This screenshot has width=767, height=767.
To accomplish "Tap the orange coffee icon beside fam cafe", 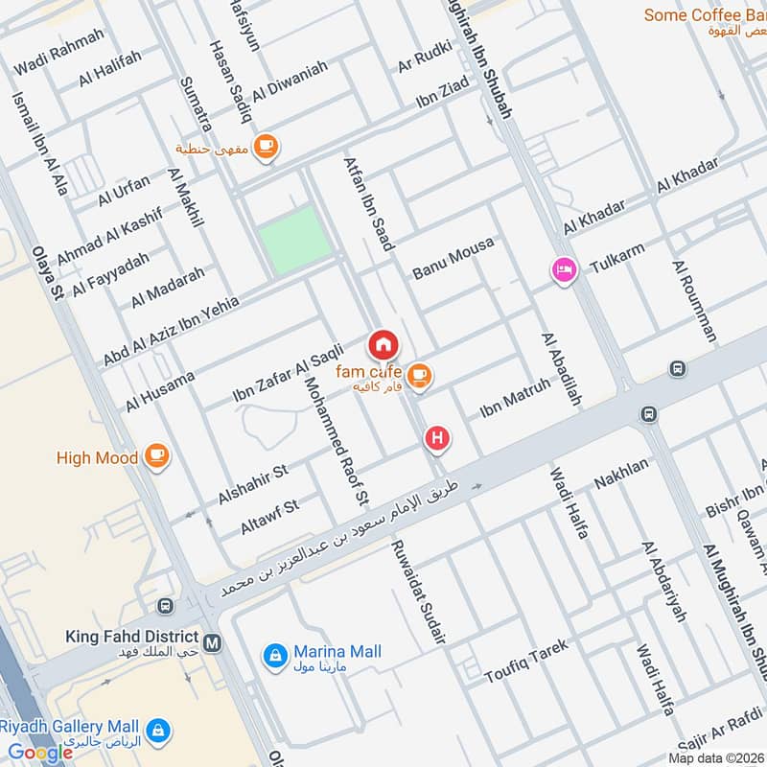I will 418,377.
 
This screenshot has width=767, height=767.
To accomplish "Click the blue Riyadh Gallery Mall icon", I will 160,730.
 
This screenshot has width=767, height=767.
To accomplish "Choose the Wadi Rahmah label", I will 59,52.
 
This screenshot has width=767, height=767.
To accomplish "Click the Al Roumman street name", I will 694,300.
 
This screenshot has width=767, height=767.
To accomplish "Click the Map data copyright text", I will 716,757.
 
